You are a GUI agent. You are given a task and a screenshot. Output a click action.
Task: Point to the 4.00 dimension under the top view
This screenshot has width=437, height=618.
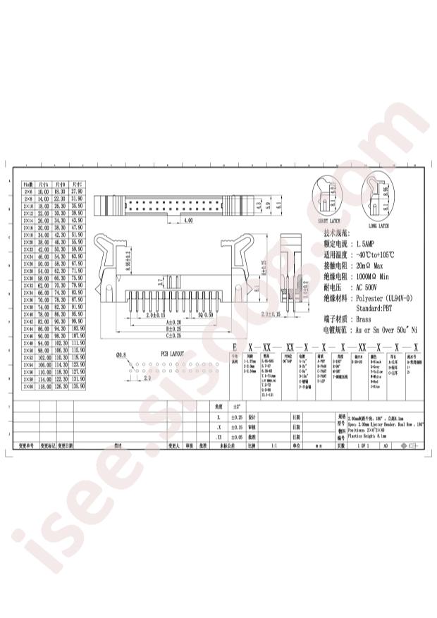[x=188, y=221]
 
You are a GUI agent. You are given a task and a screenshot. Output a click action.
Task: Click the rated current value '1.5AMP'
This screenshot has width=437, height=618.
[x=371, y=241]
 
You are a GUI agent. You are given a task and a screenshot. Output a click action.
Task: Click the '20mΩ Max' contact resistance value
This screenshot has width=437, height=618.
[x=371, y=265]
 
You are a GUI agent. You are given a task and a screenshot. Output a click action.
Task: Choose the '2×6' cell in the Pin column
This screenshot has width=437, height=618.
[x=29, y=191]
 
